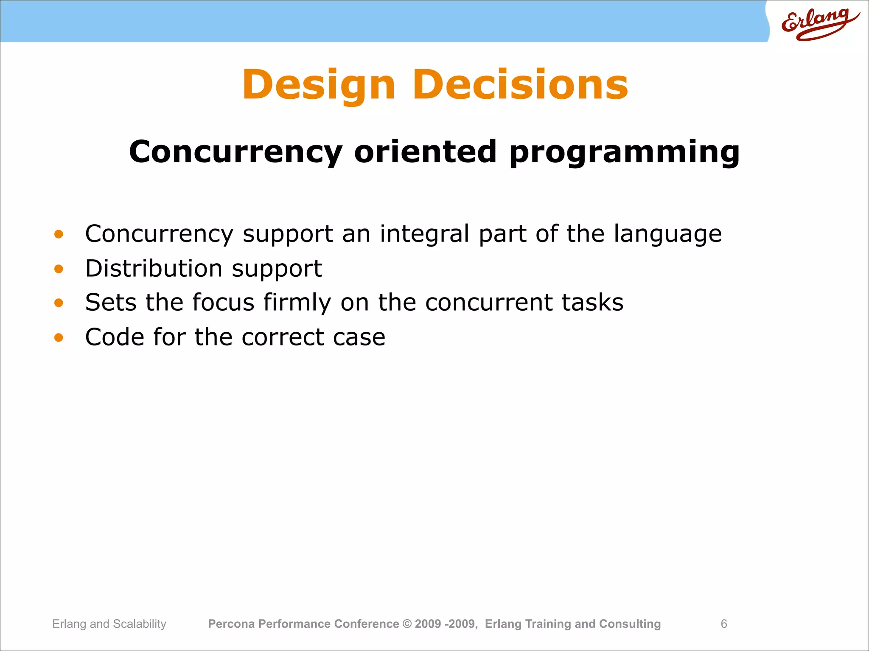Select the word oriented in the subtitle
(425, 151)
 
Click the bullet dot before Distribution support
(59, 269)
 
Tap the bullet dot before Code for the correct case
(59, 337)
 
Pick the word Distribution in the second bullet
(154, 268)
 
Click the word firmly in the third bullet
(297, 303)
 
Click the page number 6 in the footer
(724, 624)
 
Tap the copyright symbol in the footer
(407, 624)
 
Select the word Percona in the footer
(231, 624)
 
